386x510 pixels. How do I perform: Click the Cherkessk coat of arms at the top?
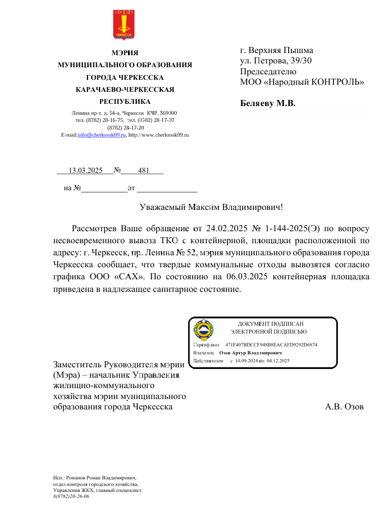tap(124, 25)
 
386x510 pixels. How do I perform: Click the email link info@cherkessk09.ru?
tap(101, 134)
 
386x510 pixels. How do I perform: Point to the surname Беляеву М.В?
tap(268, 103)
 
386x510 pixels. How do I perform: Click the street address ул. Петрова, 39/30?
tap(276, 61)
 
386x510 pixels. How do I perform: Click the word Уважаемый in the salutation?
tap(163, 207)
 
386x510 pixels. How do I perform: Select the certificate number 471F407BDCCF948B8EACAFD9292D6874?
tap(271, 345)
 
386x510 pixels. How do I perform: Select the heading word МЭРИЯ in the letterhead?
tap(125, 53)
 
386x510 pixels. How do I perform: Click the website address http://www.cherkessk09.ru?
tap(158, 134)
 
